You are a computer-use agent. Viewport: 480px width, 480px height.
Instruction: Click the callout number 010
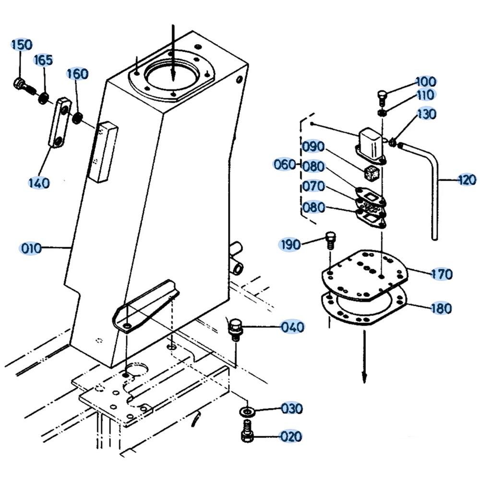click(31, 249)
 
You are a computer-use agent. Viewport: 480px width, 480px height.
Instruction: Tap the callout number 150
click(22, 45)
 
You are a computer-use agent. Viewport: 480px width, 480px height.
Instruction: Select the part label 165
click(43, 60)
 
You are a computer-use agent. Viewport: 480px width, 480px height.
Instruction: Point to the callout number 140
click(38, 183)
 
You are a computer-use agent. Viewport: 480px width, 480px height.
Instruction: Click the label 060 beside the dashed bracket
click(285, 165)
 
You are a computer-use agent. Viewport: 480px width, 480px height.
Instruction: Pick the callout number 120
click(467, 180)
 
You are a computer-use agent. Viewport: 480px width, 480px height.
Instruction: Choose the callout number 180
click(441, 308)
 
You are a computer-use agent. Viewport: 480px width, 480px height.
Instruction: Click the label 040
click(293, 327)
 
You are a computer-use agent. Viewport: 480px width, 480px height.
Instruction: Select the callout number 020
click(291, 437)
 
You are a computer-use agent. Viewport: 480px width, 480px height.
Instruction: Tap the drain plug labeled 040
click(235, 329)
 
